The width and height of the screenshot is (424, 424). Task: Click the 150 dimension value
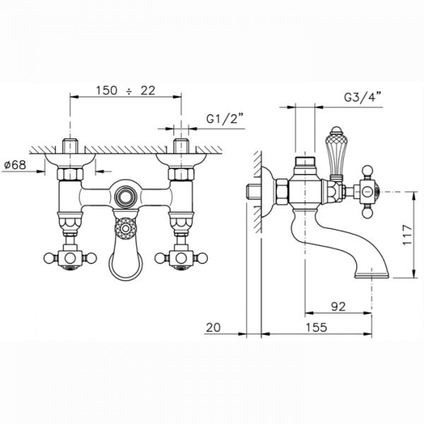107,90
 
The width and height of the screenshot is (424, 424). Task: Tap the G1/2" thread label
225,119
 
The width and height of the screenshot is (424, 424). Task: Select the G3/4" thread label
363,97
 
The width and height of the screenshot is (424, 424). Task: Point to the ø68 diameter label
16,165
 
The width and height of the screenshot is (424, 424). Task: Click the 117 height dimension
408,235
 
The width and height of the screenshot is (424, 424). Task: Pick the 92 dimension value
338,307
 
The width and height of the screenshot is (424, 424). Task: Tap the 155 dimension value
316,327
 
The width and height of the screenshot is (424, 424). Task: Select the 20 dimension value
213,327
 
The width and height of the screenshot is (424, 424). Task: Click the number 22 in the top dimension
148,90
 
